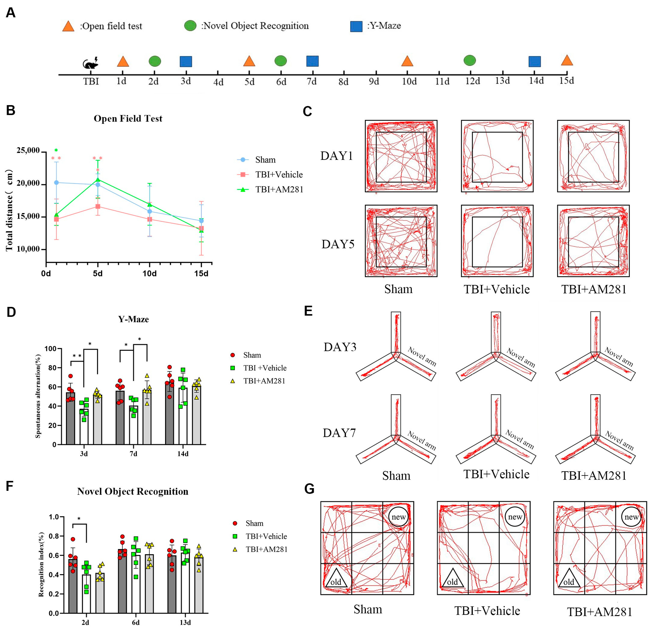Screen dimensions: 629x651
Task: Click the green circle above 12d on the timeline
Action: [470, 60]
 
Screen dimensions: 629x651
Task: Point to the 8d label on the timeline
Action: [343, 82]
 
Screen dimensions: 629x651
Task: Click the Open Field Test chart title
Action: [128, 119]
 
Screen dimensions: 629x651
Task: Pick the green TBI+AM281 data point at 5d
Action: [98, 180]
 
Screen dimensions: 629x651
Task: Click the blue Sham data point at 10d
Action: [149, 211]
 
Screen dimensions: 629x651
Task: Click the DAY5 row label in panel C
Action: [338, 244]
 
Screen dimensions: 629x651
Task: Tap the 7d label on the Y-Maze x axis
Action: [133, 454]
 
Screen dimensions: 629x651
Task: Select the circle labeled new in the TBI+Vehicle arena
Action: [515, 517]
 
